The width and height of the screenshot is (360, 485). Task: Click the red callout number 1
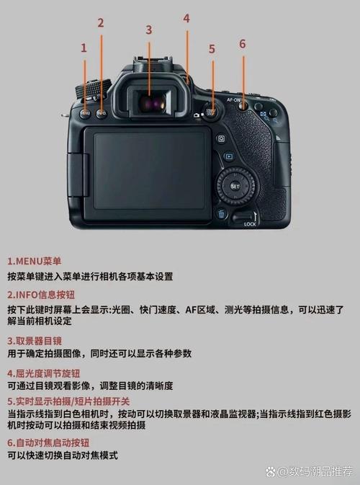(x=84, y=48)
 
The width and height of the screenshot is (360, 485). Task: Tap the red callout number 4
(x=186, y=18)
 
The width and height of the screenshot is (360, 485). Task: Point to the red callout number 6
(x=242, y=43)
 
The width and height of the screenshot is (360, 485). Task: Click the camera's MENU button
(x=86, y=112)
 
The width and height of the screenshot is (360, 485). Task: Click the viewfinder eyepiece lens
(x=150, y=103)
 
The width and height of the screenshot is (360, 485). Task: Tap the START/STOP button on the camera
(x=211, y=112)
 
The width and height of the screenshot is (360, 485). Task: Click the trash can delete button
(x=222, y=213)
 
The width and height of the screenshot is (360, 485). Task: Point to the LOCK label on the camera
(x=250, y=224)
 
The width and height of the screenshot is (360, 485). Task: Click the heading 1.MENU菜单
(x=35, y=261)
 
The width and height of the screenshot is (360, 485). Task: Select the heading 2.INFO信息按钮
(x=41, y=295)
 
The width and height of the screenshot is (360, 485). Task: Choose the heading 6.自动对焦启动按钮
(x=48, y=442)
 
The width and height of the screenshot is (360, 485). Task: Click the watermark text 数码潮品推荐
(x=320, y=471)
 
